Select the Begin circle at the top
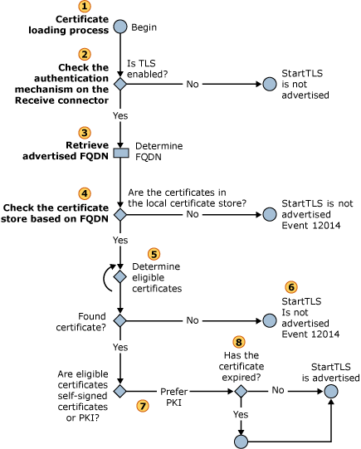point(120,27)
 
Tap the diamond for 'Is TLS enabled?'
point(120,84)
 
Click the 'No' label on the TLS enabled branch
point(193,84)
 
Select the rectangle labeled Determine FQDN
point(120,153)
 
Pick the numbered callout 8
point(239,341)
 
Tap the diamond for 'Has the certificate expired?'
point(240,388)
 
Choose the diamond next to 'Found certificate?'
point(120,320)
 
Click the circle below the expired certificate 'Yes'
point(240,441)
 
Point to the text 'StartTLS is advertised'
point(330,371)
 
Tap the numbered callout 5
point(152,252)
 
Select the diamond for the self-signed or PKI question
point(120,388)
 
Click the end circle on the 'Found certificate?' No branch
point(270,320)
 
